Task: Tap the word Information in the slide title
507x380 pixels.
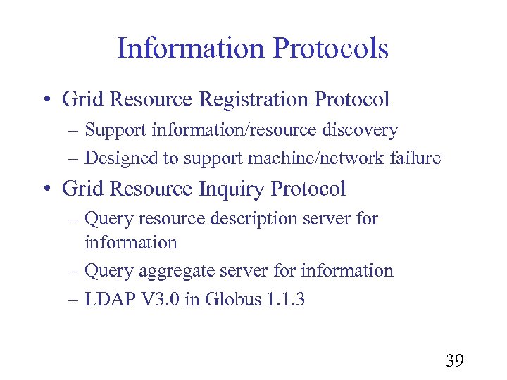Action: pos(190,49)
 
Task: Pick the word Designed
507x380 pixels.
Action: pos(121,158)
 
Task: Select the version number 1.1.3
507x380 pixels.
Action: pos(286,299)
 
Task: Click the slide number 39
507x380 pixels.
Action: pos(454,361)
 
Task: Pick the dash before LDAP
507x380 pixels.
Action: pos(75,300)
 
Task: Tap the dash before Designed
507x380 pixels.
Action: pos(75,159)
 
